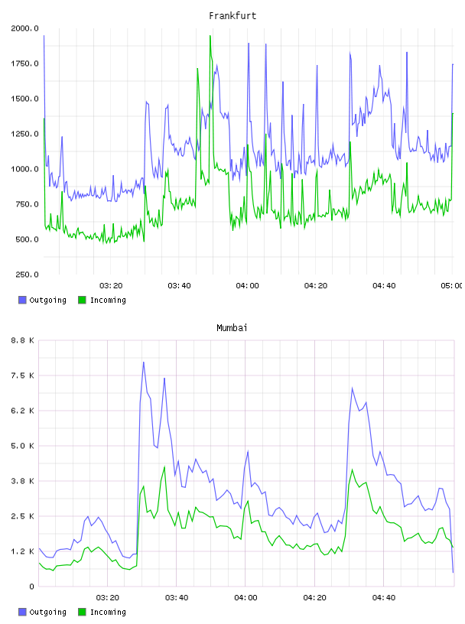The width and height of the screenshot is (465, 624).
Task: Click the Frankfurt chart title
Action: pos(232,16)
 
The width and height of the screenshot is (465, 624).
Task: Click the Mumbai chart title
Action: pos(232,328)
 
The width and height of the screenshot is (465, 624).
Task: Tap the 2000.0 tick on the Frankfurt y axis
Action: pos(24,28)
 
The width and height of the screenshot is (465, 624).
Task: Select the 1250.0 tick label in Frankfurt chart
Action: pos(24,134)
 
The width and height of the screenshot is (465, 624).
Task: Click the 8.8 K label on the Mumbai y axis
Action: pos(22,340)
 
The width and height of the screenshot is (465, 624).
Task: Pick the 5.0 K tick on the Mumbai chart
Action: pos(22,446)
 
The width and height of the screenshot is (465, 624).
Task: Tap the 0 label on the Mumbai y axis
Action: pos(31,587)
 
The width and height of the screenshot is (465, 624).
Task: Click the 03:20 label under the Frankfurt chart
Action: pos(111,285)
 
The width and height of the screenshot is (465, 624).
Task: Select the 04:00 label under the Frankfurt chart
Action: pos(247,285)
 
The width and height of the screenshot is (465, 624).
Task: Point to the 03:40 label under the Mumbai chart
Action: pos(177,597)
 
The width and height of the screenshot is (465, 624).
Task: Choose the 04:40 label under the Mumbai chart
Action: pos(384,597)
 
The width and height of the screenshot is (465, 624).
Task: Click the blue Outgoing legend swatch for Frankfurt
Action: pos(22,300)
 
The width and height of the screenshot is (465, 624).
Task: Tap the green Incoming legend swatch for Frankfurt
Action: pos(82,300)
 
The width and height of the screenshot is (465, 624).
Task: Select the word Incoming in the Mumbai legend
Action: pos(108,612)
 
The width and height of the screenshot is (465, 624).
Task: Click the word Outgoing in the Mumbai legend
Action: pos(47,612)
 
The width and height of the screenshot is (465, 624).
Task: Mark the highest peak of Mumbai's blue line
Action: pos(143,362)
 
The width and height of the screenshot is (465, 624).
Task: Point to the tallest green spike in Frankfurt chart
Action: pos(210,36)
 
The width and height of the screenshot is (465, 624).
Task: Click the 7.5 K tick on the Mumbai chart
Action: pos(22,375)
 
